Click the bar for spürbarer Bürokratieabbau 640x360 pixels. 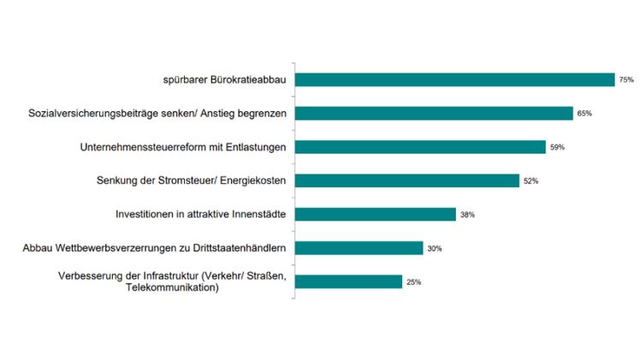(453, 80)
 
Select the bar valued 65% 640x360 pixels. (433, 113)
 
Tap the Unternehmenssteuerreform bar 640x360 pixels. (419, 147)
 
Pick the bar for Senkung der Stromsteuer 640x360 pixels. (406, 180)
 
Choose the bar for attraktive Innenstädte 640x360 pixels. (375, 214)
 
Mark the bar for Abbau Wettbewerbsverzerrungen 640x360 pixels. (359, 248)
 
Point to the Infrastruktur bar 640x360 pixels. (348, 281)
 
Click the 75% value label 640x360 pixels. (626, 80)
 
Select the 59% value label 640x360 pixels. (557, 147)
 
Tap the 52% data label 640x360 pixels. (530, 180)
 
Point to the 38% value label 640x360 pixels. (467, 215)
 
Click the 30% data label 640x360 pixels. (435, 248)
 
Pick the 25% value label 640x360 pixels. (413, 281)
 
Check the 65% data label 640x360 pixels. (584, 113)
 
